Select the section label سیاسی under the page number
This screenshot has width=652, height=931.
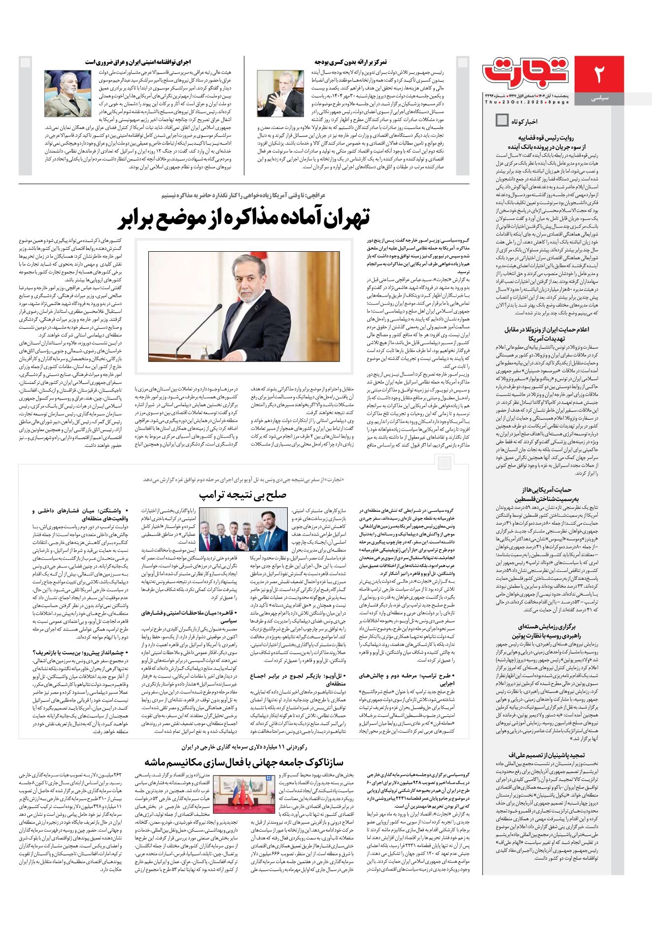coord(599,99)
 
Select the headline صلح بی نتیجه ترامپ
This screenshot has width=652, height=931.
coord(242,495)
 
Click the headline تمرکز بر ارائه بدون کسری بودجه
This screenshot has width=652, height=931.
coord(350,62)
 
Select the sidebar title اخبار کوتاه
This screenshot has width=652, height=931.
coord(524,121)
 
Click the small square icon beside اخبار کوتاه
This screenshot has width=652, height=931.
coord(502,120)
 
